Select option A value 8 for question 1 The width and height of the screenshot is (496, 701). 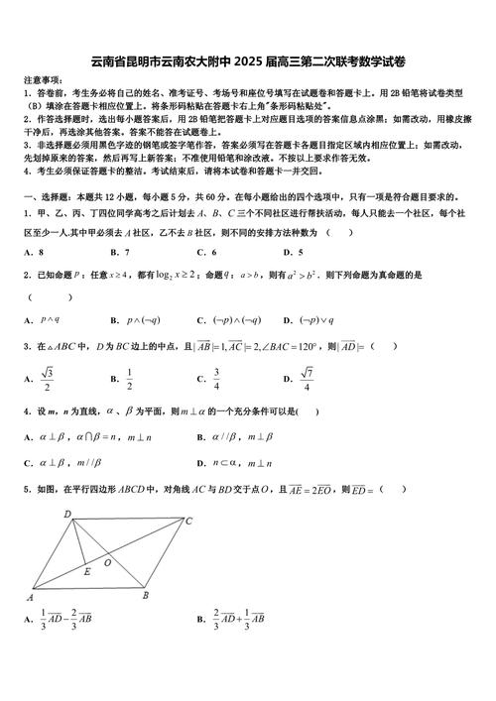click(38, 252)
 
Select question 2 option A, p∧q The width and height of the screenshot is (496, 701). click(50, 319)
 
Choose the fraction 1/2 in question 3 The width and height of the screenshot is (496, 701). click(129, 378)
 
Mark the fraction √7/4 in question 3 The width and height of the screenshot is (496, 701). click(308, 378)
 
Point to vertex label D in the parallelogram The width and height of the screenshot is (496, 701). click(66, 514)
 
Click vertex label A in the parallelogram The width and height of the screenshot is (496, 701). click(30, 598)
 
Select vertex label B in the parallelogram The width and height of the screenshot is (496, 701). click(145, 595)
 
